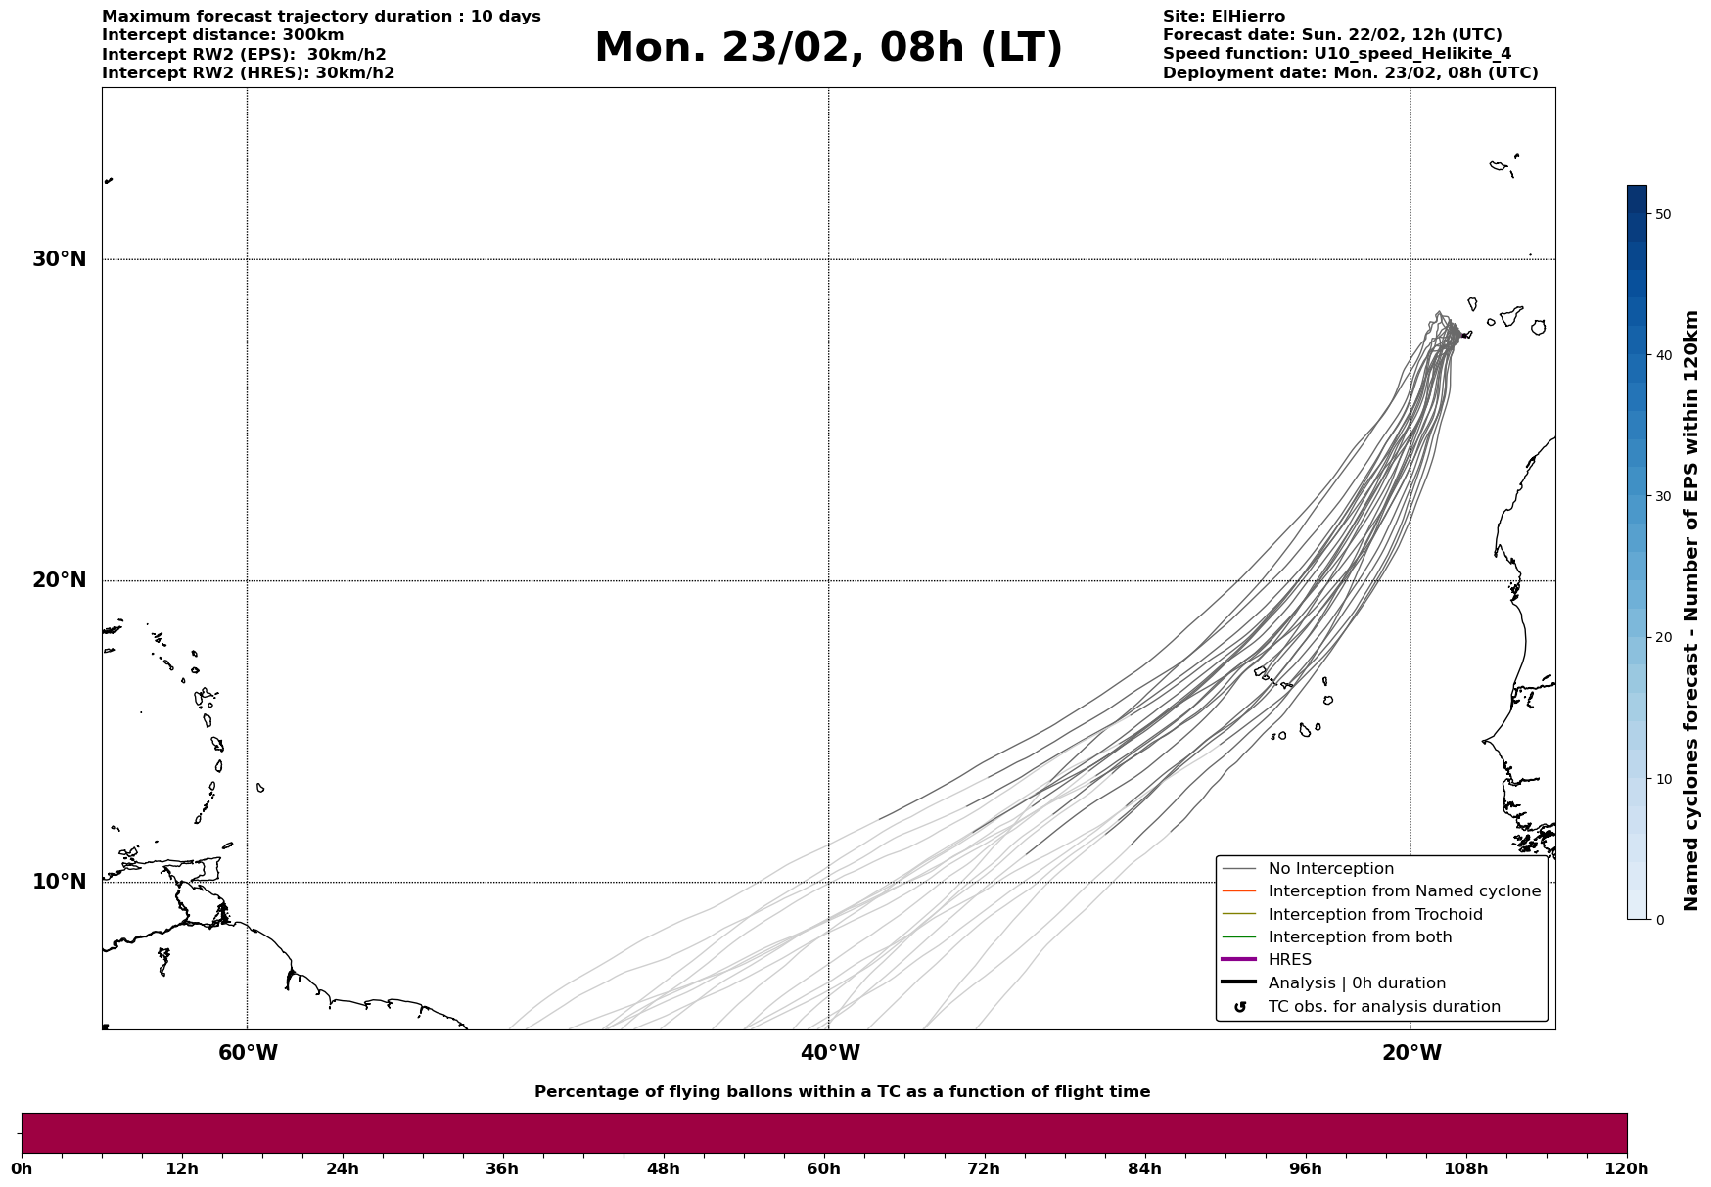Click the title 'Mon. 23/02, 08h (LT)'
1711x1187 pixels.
828,48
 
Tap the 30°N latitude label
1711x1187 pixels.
60,259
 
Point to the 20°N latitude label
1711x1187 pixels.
60,580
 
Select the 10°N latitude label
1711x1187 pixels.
60,882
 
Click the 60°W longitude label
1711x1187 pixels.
248,1053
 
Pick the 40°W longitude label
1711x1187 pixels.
830,1053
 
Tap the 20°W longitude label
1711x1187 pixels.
1411,1053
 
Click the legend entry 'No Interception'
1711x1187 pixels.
1330,869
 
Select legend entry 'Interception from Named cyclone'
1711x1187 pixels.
1404,891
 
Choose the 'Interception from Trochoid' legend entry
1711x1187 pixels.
1374,915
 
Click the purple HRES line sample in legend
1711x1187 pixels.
1238,960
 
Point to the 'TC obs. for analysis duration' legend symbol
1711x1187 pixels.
1240,1007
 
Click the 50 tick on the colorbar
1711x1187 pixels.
1663,214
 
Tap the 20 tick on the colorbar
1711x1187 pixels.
1663,638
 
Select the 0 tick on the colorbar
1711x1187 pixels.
1659,920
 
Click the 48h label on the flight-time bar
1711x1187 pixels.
663,1169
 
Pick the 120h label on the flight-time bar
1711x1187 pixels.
1627,1169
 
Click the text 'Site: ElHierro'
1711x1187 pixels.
1224,17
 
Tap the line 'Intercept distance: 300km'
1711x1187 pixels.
222,35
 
